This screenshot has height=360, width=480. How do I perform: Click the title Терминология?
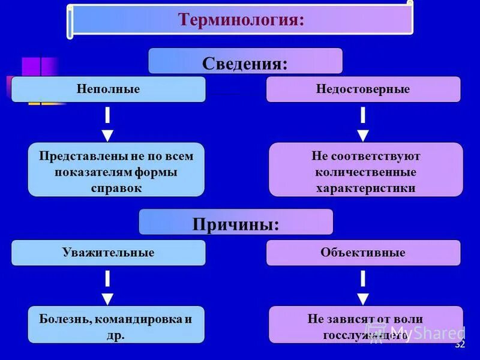[x=241, y=20]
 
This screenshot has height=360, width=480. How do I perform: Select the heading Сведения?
[x=245, y=62]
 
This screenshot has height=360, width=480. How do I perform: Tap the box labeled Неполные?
[x=108, y=89]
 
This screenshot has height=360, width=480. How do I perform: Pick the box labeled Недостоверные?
[x=363, y=89]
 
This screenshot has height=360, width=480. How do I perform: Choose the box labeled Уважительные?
[x=108, y=253]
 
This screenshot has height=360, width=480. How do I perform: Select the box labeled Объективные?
[x=363, y=253]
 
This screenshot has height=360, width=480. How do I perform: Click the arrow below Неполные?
[x=107, y=124]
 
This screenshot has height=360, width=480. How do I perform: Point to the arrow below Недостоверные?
[x=363, y=124]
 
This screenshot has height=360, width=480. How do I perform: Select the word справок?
[x=116, y=188]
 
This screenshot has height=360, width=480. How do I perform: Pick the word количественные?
[x=366, y=172]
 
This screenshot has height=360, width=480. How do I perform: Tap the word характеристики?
[x=366, y=188]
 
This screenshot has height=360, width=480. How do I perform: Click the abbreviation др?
[x=116, y=335]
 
